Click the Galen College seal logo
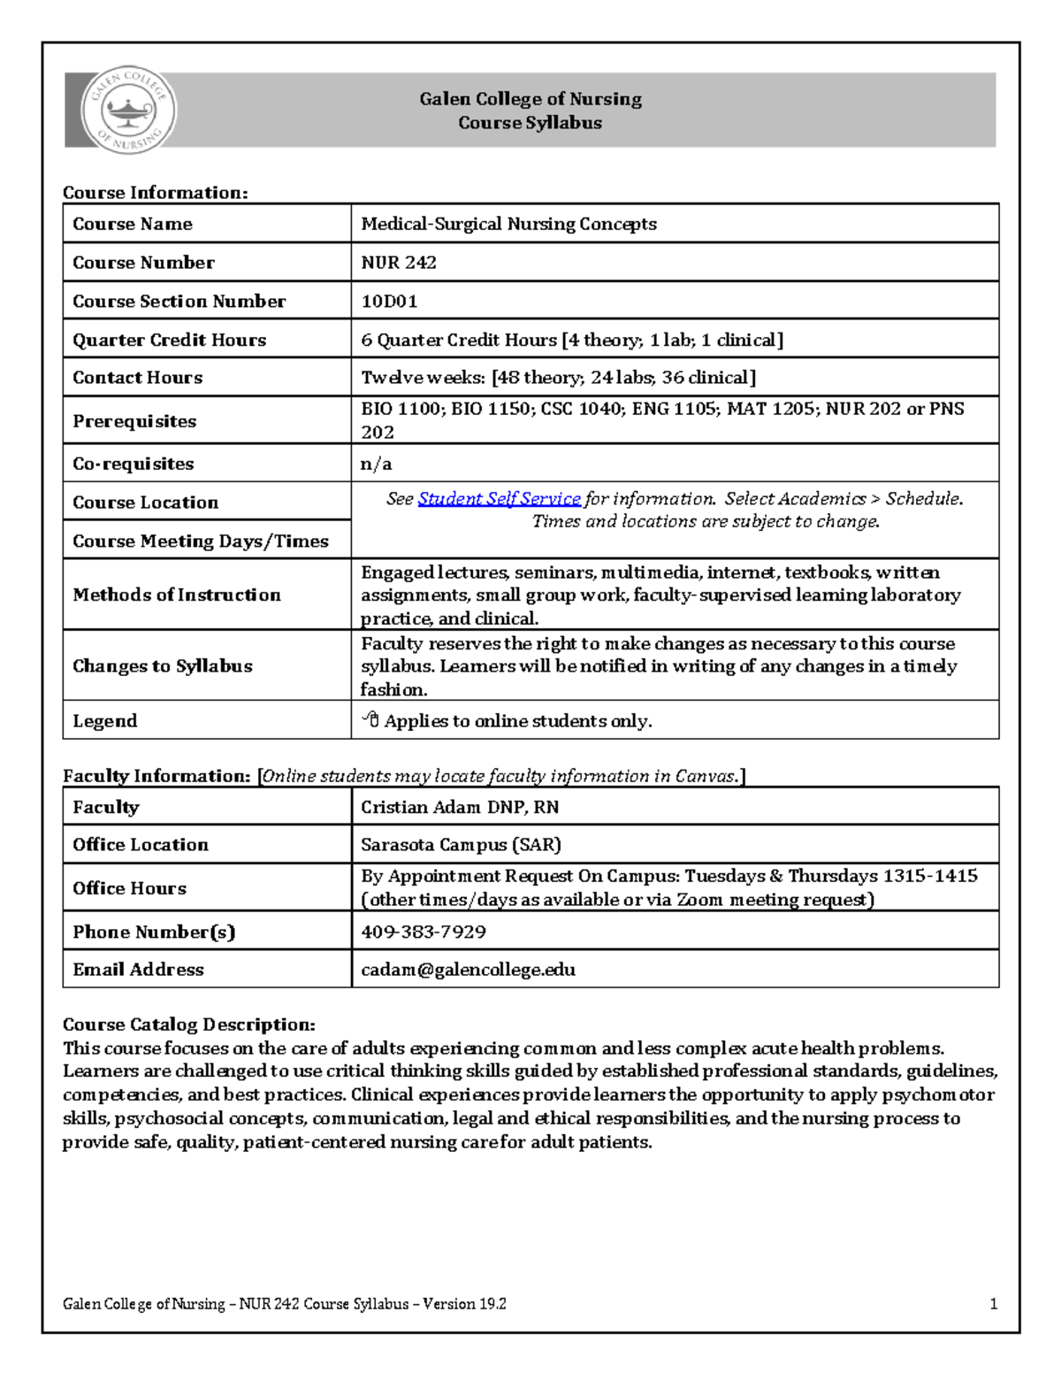point(128,111)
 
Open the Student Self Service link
point(499,499)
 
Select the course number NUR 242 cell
point(399,263)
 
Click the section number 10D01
point(389,302)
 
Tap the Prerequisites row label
point(134,421)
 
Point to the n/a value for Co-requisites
point(376,464)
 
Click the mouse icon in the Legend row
point(370,720)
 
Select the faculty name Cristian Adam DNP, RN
point(460,807)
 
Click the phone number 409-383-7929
point(424,932)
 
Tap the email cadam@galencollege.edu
point(468,970)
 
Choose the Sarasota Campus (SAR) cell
point(461,845)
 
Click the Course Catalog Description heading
point(188,1025)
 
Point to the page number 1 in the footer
point(993,1303)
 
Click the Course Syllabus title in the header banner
point(530,123)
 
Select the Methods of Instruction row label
point(177,595)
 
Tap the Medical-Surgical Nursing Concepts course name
point(508,224)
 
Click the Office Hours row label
point(129,888)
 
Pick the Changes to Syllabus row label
point(163,666)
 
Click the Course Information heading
point(155,193)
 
